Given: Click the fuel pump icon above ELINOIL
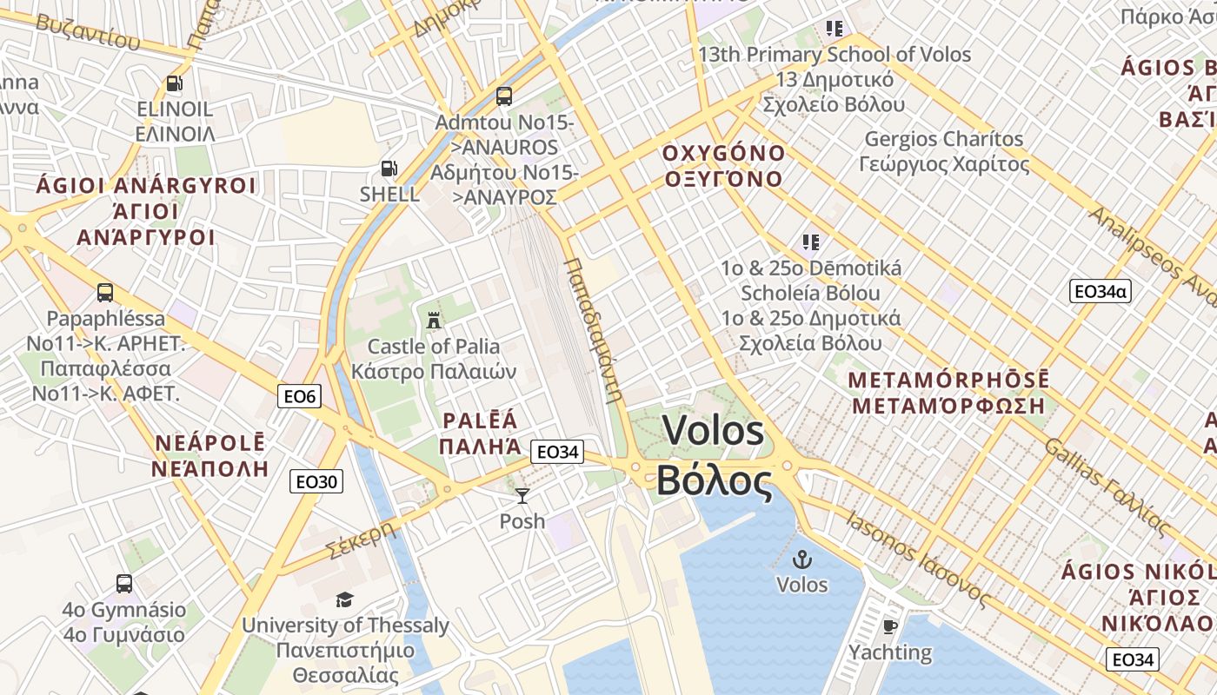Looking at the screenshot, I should (x=174, y=83).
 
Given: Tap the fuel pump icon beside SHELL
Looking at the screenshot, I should (x=389, y=169).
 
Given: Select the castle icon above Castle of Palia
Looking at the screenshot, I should (x=433, y=320).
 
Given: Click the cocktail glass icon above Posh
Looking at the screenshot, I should (x=522, y=496).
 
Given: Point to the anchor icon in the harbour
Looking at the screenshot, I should (x=801, y=559).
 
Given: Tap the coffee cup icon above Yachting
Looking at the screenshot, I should (x=889, y=626).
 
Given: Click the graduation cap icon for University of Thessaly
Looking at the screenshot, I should (x=345, y=600).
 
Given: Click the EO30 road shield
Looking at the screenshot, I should (x=316, y=481).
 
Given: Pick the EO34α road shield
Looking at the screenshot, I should (x=1101, y=292).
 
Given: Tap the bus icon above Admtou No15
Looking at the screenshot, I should (x=503, y=96).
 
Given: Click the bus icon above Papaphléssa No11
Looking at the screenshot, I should (x=105, y=293).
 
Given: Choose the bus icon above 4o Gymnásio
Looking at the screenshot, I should (x=124, y=584).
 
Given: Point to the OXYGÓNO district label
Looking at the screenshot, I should (x=723, y=154).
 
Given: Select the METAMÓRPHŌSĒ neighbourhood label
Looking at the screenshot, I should (x=948, y=381).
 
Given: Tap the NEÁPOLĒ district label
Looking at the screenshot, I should (x=209, y=443).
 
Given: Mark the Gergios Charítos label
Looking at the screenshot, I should (x=944, y=139).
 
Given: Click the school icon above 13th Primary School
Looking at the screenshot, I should (x=835, y=29).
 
